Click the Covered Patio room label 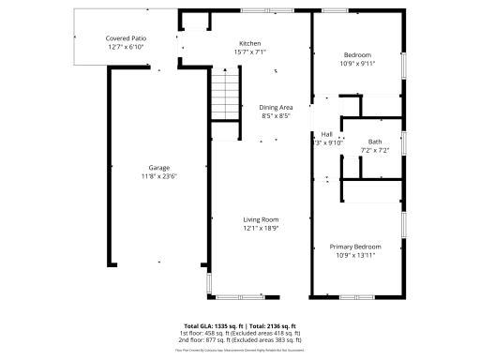(125, 38)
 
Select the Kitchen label (249, 43)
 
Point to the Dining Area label (276, 107)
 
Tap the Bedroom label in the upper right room (356, 54)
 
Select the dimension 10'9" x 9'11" (356, 64)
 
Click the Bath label (374, 142)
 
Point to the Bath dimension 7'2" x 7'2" (374, 151)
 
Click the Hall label (327, 134)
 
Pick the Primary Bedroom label (355, 247)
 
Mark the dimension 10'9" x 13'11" (355, 256)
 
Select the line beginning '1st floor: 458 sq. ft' (240, 333)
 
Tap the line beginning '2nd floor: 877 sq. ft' (240, 340)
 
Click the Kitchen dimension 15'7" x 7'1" (249, 52)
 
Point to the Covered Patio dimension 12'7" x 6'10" (125, 48)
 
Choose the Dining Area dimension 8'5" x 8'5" (276, 116)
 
